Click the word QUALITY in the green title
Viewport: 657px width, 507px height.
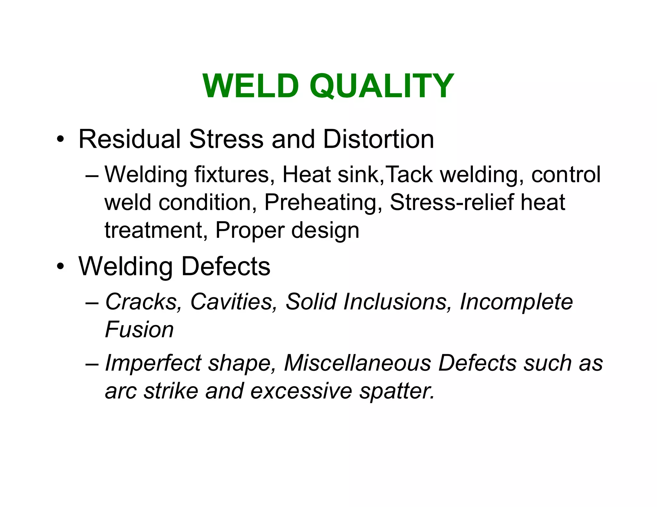[381, 86]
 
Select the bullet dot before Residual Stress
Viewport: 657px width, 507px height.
[60, 140]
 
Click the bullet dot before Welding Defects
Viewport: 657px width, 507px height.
[60, 267]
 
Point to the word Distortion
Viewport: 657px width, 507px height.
[378, 139]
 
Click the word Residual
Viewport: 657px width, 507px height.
[130, 139]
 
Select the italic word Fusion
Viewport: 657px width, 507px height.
[139, 329]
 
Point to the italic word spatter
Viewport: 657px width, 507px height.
[397, 392]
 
